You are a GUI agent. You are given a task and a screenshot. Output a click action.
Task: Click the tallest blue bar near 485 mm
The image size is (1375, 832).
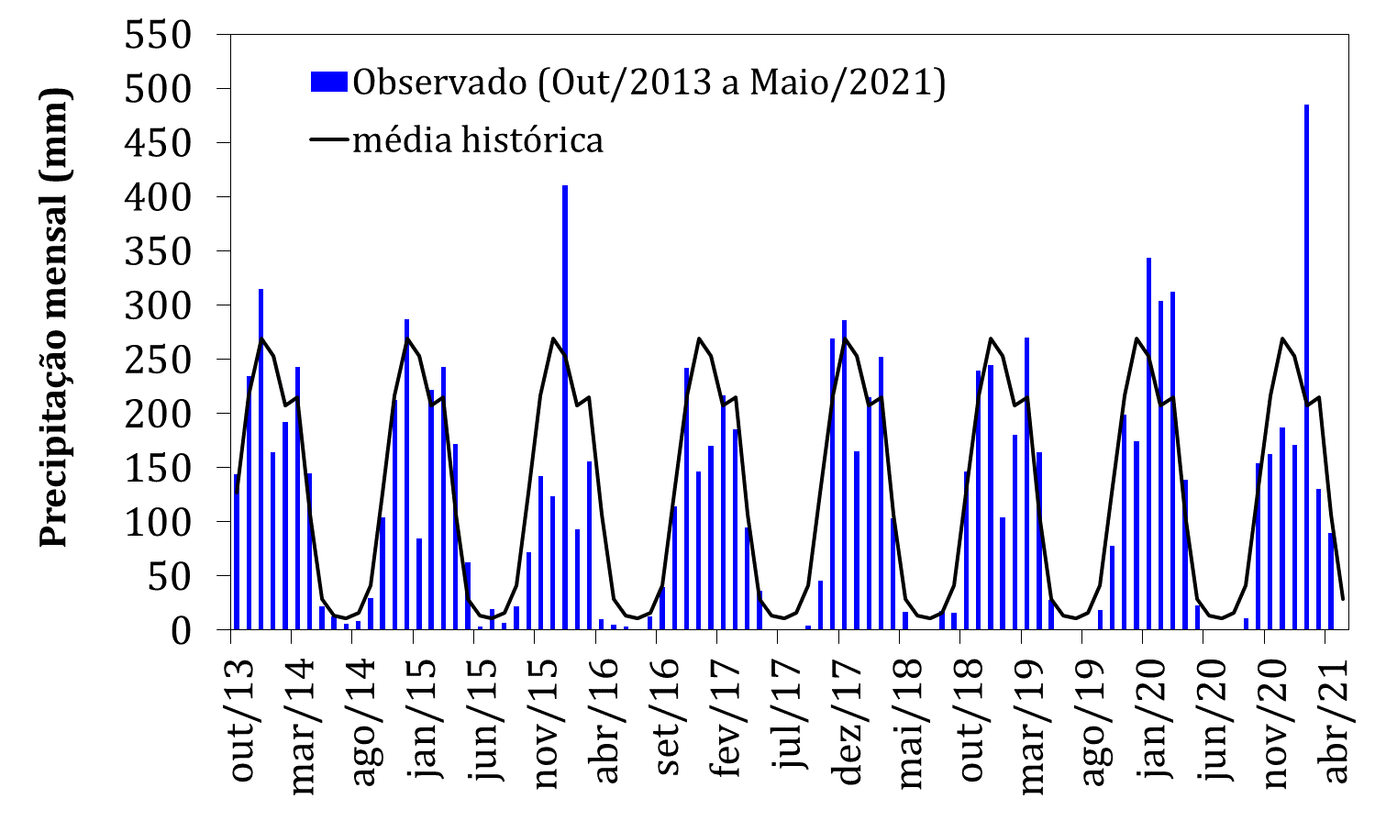[x=1306, y=367]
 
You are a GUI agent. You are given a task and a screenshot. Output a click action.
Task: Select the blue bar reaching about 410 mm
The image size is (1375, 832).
[x=565, y=408]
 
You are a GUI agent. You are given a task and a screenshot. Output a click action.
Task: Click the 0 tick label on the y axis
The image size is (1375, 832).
[x=183, y=630]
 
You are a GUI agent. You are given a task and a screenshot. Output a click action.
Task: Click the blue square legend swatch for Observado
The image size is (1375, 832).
[x=329, y=82]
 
